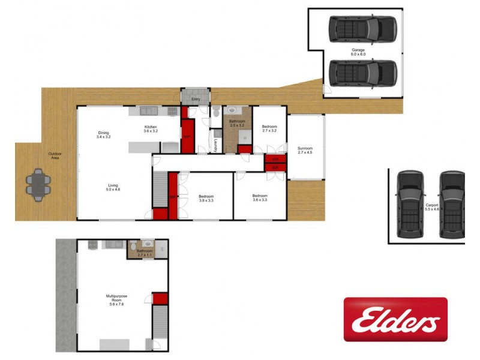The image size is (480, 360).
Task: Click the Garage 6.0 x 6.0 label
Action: click(x=358, y=52)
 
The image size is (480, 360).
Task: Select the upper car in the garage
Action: click(x=362, y=28)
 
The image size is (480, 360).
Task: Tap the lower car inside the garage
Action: click(x=362, y=73)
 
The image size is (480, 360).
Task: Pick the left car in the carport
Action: click(x=410, y=203)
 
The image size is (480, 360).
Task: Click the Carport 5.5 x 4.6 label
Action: click(x=432, y=207)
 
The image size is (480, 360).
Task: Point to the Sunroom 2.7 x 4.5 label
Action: click(x=305, y=151)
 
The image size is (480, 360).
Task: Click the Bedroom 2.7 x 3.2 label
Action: click(x=269, y=128)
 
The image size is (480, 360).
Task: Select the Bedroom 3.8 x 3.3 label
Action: click(x=206, y=199)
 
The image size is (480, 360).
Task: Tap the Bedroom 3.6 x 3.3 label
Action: click(x=259, y=198)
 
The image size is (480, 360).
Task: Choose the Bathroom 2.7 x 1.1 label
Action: click(x=145, y=253)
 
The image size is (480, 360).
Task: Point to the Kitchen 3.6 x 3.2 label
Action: click(x=151, y=128)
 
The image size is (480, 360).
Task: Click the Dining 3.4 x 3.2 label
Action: click(x=104, y=135)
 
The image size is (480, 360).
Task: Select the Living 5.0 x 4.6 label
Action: click(x=113, y=187)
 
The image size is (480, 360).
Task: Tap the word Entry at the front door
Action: click(x=196, y=100)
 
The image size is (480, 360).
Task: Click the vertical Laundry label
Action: click(x=215, y=146)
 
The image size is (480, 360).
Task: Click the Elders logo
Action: click(x=395, y=319)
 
